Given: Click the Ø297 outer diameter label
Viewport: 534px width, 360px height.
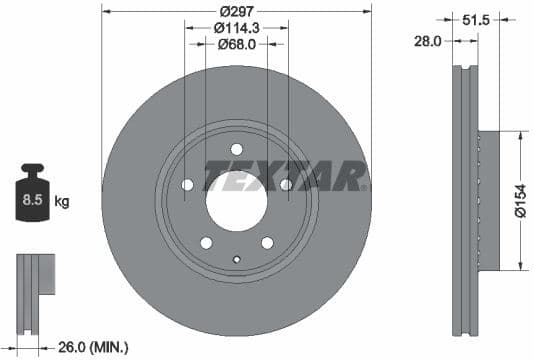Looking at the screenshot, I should coord(237,9).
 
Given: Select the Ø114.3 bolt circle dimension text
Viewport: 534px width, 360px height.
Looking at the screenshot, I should coord(237,28).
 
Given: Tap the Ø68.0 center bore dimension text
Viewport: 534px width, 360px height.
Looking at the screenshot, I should coord(237,44).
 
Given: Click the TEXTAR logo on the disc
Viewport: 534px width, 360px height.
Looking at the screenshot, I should coord(285,175).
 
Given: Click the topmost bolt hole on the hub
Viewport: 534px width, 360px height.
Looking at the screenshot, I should coord(237,149).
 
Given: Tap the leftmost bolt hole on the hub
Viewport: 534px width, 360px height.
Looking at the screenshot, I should coord(188,185).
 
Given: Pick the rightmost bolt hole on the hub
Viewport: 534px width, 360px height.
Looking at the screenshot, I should coord(286,185).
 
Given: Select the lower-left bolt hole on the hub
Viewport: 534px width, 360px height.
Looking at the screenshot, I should coord(206,243).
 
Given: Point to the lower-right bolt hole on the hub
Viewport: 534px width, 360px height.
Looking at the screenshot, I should coord(267,243).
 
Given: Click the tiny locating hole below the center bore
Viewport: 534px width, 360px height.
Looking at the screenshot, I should coord(237,263).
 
